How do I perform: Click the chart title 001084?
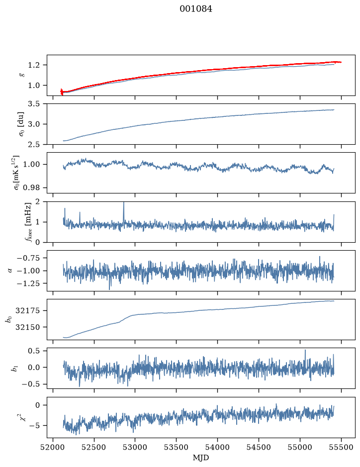coord(196,9)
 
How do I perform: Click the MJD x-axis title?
coord(201,458)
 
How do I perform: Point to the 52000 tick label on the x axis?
coord(53,447)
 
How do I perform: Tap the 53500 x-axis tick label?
coord(177,447)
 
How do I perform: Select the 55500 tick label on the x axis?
coord(341,447)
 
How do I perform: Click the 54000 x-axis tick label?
coord(217,447)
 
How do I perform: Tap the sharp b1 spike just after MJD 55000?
coord(305,351)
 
